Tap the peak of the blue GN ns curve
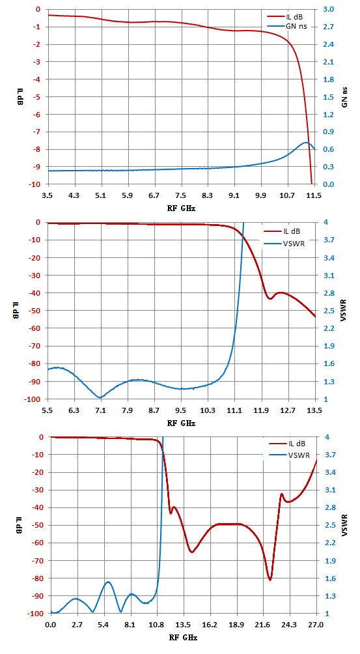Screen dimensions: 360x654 pyautogui.click(x=306, y=143)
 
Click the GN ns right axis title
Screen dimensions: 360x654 pyautogui.click(x=345, y=97)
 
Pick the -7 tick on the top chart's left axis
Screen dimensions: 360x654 pyautogui.click(x=38, y=132)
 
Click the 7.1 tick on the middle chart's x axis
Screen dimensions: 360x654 pyautogui.click(x=101, y=410)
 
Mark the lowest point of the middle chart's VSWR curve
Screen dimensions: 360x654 pyautogui.click(x=100, y=397)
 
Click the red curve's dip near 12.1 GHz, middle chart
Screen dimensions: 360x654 pyautogui.click(x=270, y=298)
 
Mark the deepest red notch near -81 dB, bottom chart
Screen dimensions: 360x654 pyautogui.click(x=270, y=580)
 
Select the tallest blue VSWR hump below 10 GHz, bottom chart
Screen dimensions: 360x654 pyautogui.click(x=108, y=582)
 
